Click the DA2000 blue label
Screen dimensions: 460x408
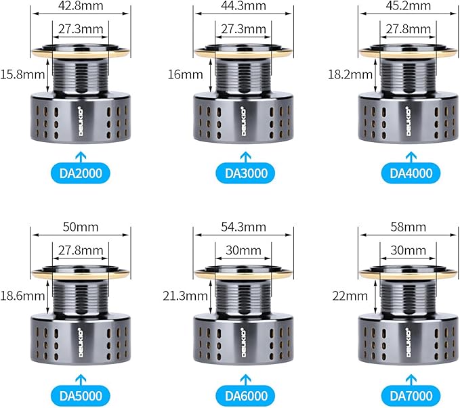click(81, 173)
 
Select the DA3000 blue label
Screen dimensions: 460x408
click(246, 173)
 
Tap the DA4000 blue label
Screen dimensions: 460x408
click(411, 173)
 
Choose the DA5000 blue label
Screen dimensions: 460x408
click(81, 396)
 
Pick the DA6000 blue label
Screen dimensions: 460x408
click(246, 396)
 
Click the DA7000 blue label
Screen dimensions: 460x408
click(411, 396)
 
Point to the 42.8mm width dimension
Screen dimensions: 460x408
click(81, 6)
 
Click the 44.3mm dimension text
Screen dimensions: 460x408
click(243, 6)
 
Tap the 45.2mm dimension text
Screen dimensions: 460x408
click(409, 6)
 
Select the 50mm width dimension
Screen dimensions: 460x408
click(81, 227)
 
